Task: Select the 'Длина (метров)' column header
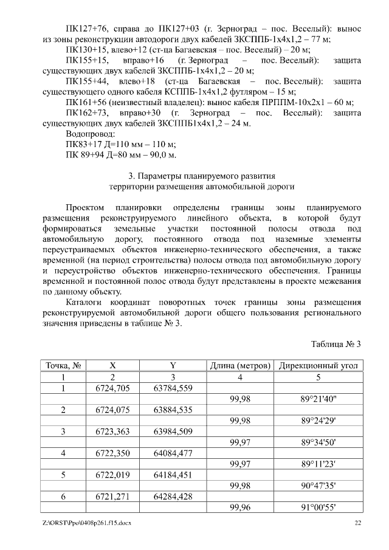(240, 365)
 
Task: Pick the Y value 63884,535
(173, 410)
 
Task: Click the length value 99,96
(240, 507)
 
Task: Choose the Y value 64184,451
(173, 475)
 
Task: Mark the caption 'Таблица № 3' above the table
(336, 344)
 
